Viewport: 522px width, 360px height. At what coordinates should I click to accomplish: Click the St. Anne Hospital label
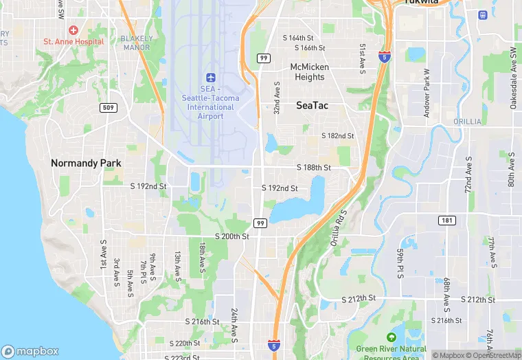coord(73,41)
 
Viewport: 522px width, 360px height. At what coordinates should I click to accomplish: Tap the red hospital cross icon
coord(73,30)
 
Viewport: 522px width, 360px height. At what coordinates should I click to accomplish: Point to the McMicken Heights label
coord(309,72)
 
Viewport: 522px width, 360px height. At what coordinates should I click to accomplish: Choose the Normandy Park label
coord(86,164)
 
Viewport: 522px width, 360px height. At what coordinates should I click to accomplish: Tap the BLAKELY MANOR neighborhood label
coord(136,43)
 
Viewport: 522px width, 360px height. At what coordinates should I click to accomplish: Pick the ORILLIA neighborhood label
coord(468,122)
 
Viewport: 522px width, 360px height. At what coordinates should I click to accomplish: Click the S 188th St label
coord(314,168)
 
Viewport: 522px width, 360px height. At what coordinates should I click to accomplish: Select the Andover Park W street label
coord(427,93)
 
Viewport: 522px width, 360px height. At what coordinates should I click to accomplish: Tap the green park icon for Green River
coord(391,337)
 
